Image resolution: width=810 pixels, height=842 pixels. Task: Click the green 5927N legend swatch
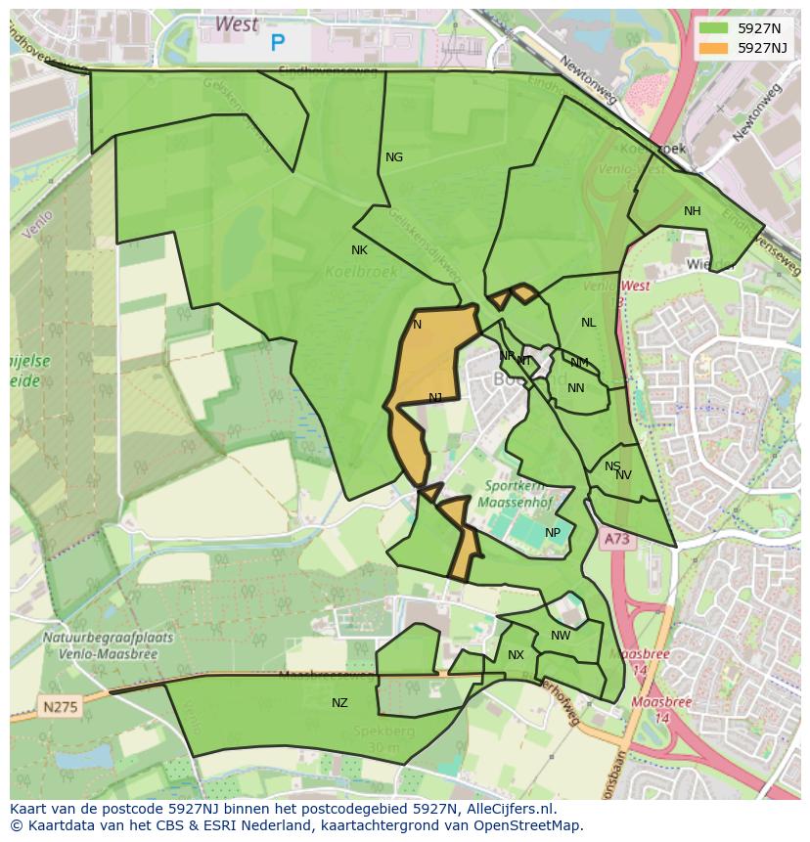click(x=714, y=27)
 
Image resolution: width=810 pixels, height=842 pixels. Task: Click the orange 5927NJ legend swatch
click(x=714, y=47)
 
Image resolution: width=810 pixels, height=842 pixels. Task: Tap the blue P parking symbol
click(x=278, y=43)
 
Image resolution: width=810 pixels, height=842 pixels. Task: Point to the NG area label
click(x=394, y=157)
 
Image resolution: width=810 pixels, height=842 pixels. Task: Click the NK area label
click(x=359, y=250)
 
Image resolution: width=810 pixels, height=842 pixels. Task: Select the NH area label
click(x=693, y=211)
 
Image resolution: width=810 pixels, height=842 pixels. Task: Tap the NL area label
click(x=588, y=323)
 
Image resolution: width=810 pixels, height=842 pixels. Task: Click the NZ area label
click(x=339, y=703)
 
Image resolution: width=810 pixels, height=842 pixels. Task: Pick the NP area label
click(x=553, y=533)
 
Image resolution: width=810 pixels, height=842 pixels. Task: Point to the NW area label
click(x=561, y=636)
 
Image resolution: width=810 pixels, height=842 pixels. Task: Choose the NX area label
click(x=516, y=655)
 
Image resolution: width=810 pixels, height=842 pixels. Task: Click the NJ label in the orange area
click(x=435, y=397)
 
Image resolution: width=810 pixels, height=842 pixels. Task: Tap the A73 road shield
click(x=615, y=539)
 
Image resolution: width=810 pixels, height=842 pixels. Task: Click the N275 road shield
click(x=61, y=704)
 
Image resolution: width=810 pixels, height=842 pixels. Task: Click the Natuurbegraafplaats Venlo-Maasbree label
click(x=108, y=644)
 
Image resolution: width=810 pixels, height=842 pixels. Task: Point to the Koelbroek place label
click(x=361, y=272)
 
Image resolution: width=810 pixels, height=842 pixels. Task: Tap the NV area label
click(x=623, y=475)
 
